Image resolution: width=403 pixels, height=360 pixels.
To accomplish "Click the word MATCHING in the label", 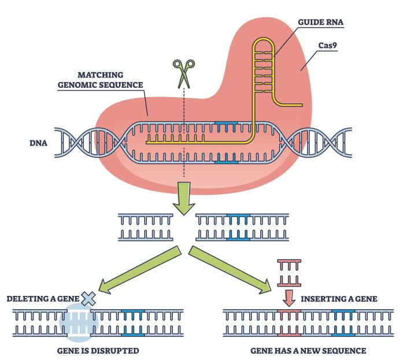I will tap(101, 76).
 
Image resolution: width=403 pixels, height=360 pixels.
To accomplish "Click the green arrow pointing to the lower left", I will tap(139, 269).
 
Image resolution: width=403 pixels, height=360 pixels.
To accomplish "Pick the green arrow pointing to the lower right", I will tap(231, 269).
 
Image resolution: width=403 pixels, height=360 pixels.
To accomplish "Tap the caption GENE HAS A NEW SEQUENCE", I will tap(308, 350).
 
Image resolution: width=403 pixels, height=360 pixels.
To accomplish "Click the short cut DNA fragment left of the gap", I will tap(145, 227).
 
